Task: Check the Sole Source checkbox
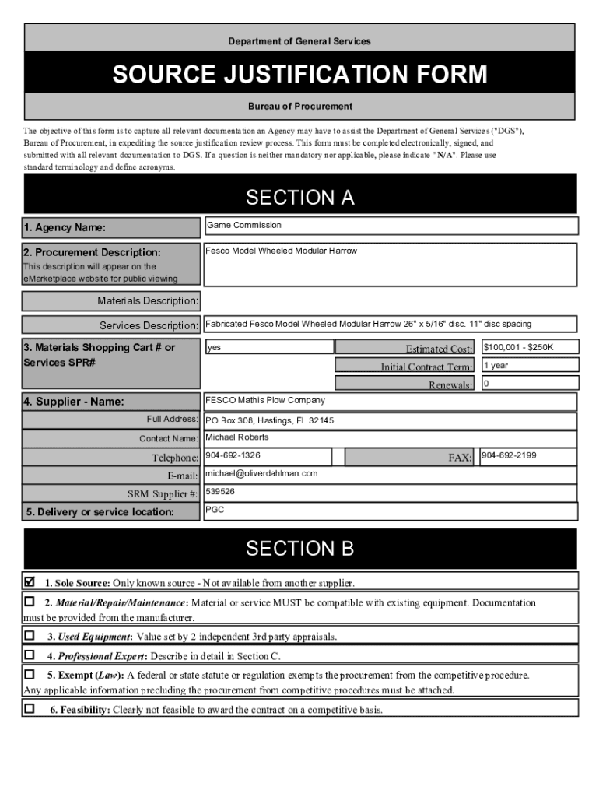[30, 581]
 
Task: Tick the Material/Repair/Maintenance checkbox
[30, 602]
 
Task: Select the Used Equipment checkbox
[30, 635]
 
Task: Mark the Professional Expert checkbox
[30, 655]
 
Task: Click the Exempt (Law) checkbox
[30, 674]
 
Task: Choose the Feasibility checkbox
[30, 708]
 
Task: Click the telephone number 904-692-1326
[233, 455]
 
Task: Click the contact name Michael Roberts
[237, 437]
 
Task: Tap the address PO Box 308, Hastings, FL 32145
[269, 420]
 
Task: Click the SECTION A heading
[299, 198]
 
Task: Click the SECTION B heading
[299, 549]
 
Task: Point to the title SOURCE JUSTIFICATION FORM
[299, 75]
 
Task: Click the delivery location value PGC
[215, 510]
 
